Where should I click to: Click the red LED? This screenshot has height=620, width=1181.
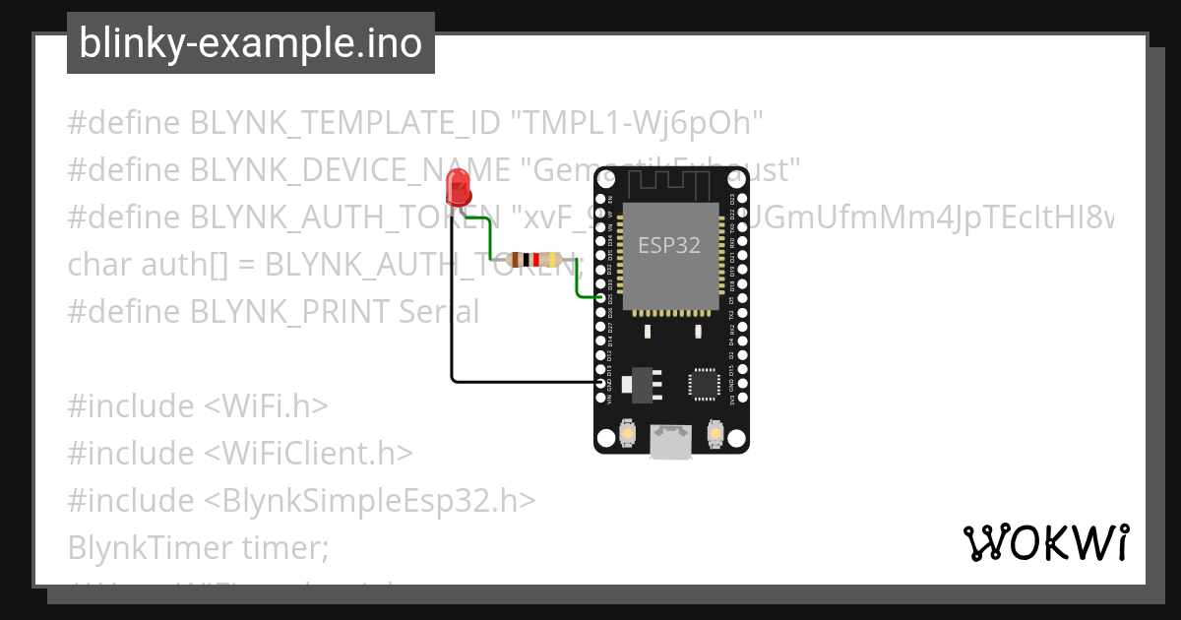tap(458, 185)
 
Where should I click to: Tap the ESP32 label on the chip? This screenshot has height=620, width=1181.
tap(669, 245)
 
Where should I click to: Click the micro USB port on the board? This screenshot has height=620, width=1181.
tap(671, 443)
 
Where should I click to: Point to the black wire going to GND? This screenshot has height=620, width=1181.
tap(452, 325)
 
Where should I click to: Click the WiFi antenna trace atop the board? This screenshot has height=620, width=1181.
tap(670, 183)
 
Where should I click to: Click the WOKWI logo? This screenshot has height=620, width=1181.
tap(1045, 543)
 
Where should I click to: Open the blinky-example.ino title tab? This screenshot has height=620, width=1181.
tap(250, 43)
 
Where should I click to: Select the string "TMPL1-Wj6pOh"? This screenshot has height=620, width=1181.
tap(638, 123)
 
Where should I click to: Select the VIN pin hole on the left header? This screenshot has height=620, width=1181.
tap(600, 398)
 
